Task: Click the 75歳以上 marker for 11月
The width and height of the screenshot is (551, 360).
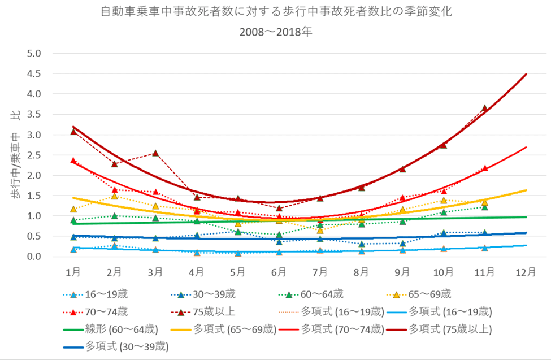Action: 484,108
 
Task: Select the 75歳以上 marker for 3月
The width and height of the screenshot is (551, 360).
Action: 155,153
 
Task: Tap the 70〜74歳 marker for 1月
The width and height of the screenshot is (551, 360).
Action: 73,161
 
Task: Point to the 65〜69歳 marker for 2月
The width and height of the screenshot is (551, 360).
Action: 114,196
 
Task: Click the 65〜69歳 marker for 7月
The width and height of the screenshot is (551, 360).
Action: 320,230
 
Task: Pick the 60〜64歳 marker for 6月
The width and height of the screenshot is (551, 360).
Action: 279,235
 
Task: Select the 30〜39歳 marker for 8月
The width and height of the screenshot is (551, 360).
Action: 361,244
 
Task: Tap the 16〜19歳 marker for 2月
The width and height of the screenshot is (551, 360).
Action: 114,246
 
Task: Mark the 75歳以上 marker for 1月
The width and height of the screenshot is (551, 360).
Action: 73,131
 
